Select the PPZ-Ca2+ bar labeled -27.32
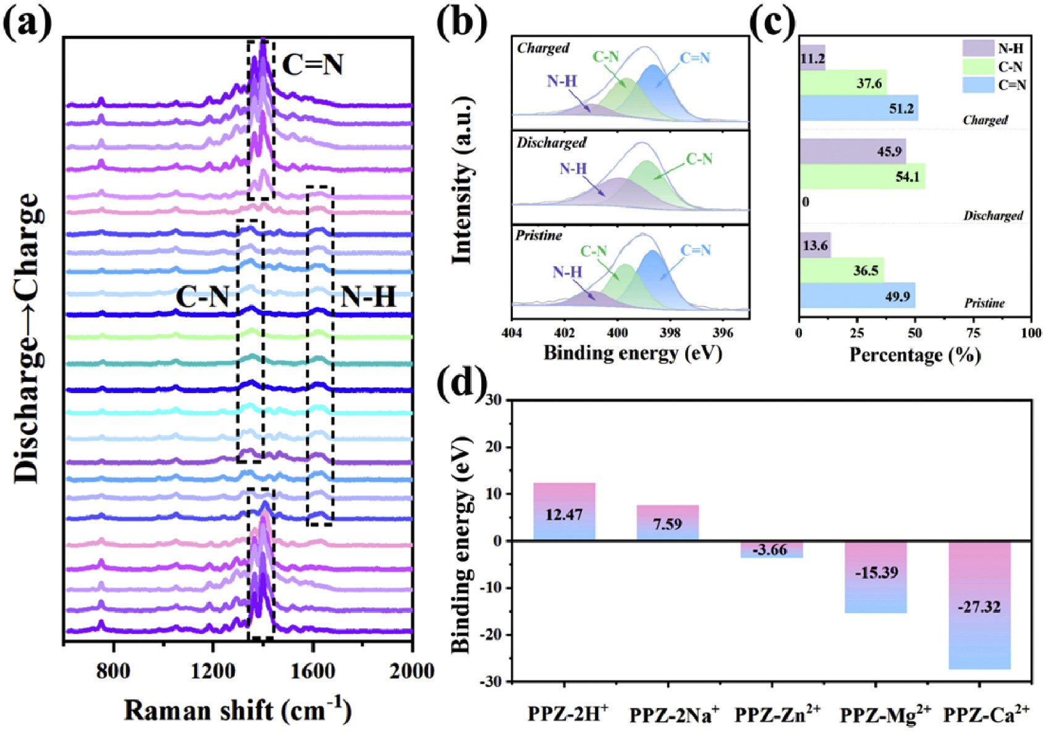979,605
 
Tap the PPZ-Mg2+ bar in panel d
875,577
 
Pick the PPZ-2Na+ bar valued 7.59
668,523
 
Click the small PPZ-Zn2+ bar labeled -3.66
772,549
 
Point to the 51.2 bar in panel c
859,108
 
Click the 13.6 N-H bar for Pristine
815,245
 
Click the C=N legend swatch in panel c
978,85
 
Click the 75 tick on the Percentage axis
973,334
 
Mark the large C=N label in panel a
313,64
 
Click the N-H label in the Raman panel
368,298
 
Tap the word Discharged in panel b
551,143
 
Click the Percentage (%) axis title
915,355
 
